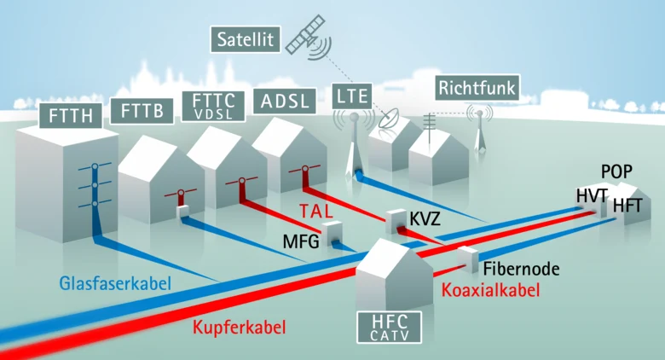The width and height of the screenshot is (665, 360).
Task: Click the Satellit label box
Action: pos(246,39)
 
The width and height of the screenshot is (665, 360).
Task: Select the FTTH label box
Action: pos(71,115)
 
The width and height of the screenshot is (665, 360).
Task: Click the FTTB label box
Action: pos(142,111)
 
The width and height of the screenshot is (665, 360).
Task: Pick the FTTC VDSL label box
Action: pos(213,106)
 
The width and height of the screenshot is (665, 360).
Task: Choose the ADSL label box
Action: pos(285,101)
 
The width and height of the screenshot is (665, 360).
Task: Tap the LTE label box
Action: pos(352,96)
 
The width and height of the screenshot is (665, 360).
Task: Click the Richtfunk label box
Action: pos(477,89)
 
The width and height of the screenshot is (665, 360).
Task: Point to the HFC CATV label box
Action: pos(390,328)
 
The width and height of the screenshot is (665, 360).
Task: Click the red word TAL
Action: pos(316,211)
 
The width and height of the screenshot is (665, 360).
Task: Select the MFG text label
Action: pos(301,242)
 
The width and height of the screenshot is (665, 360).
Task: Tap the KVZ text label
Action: pos(425,219)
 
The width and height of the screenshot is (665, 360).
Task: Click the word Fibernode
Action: pos(521,269)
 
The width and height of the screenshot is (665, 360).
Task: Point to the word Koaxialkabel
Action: pos(491,290)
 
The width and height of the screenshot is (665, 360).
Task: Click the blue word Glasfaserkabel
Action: pos(115,283)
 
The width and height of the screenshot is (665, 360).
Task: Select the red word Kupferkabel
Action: pos(240,328)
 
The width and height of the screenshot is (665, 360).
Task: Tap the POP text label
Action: pos(616,171)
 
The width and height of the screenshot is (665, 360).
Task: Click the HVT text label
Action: pos(592,196)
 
